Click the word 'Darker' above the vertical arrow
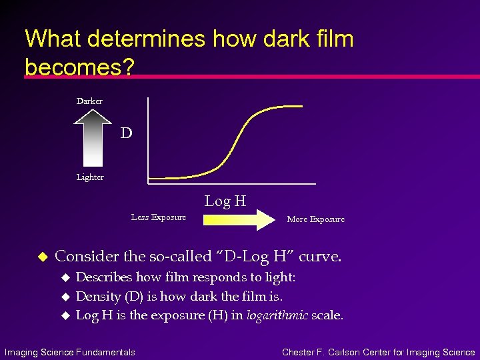[89, 101]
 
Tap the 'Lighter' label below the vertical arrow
[90, 177]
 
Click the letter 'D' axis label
[127, 133]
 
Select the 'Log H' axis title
[225, 201]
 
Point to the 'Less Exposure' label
[159, 217]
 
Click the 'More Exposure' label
[315, 219]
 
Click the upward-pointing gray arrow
[92, 139]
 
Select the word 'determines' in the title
[148, 39]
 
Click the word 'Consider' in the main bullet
[85, 256]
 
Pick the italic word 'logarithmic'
[277, 315]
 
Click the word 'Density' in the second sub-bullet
[98, 295]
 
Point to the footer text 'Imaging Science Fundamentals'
[70, 352]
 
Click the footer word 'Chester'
[299, 352]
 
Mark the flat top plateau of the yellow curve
[283, 106]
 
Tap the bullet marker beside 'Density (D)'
[65, 296]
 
